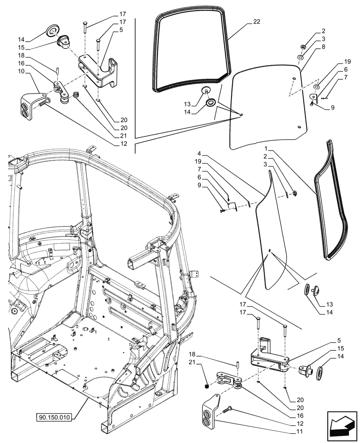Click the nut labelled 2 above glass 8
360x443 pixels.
[302, 47]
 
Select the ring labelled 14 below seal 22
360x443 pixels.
[211, 103]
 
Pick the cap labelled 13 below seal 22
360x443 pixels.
[207, 91]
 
